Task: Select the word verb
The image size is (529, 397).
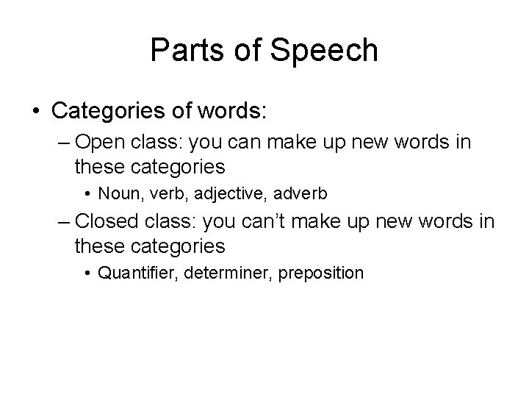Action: tap(160, 194)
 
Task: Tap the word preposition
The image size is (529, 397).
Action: tap(317, 273)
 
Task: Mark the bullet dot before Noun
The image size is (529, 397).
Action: tap(88, 195)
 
